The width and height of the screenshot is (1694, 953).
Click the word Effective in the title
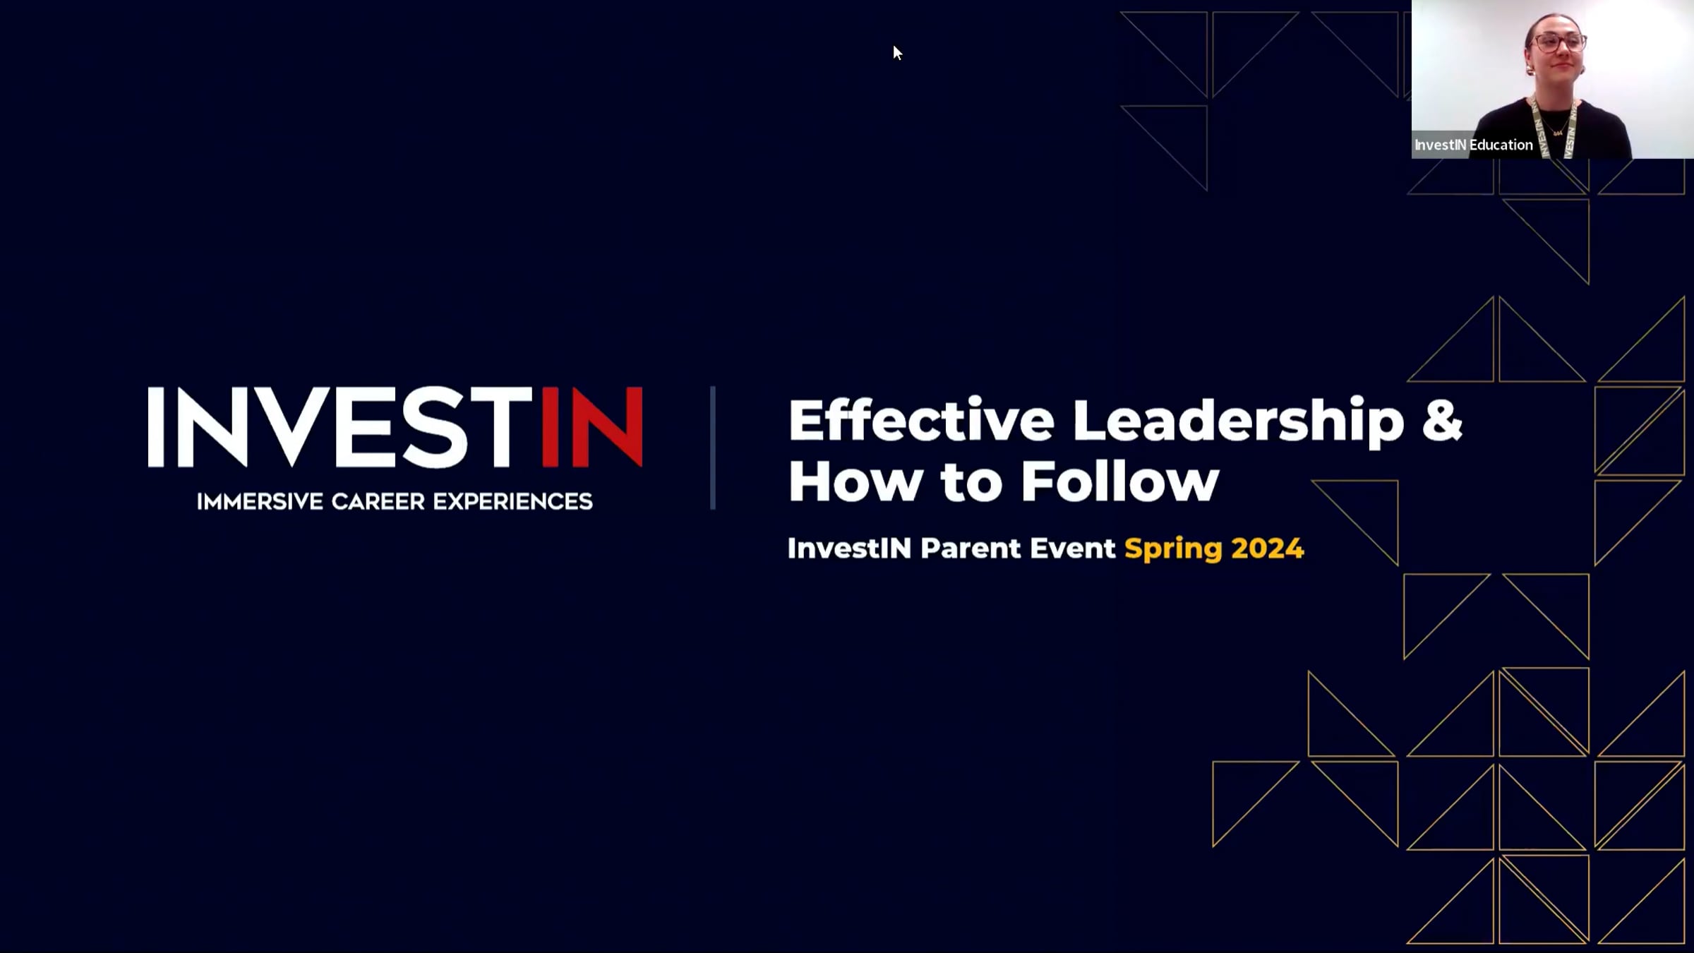point(921,421)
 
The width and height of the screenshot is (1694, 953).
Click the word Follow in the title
point(1120,481)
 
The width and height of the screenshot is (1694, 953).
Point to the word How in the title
point(855,481)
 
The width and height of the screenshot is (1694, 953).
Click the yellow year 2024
point(1268,549)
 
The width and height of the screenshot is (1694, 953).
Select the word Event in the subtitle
point(1073,549)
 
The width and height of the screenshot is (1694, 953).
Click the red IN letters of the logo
point(592,426)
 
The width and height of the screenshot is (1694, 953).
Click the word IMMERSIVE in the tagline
point(260,501)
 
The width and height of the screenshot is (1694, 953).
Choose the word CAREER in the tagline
point(378,501)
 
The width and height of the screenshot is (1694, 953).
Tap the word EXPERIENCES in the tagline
point(513,501)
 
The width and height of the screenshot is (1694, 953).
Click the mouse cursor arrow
point(896,52)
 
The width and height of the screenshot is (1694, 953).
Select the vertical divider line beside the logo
point(713,448)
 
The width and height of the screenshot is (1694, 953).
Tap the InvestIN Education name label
point(1474,145)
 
